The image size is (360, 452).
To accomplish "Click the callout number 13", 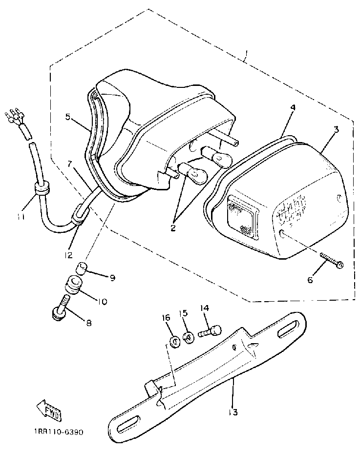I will tap(233, 412).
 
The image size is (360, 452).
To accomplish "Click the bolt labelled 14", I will tap(210, 332).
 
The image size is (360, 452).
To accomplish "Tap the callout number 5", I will tap(68, 117).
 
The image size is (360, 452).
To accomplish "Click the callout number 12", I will tap(68, 254).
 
